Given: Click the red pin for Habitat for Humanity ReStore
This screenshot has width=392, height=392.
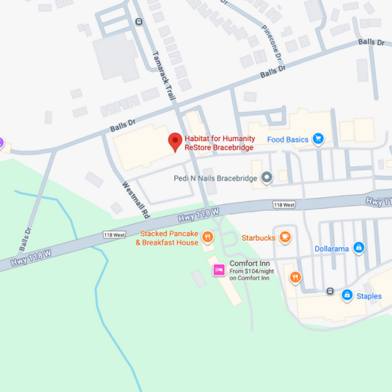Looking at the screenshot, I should point(175,142).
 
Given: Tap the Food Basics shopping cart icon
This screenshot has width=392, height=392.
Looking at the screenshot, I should point(318,139).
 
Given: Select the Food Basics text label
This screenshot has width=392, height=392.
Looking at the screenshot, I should point(287,139).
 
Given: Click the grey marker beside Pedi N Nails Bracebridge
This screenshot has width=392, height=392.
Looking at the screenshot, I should point(267,178).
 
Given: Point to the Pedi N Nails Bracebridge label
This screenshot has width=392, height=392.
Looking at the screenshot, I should point(215,178).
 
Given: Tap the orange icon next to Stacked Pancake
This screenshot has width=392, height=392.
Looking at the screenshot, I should point(207,237).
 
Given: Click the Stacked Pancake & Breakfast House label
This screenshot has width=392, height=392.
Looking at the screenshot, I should point(168,238).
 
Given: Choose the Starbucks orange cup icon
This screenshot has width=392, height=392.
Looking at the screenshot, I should point(285,237).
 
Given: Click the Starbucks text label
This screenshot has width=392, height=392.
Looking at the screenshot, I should point(257,237).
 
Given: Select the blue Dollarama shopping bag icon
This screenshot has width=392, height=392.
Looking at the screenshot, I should point(359,248).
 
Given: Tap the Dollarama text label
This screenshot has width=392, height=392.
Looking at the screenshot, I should point(331,248).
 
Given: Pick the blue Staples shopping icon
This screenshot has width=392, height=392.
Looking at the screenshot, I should point(346,295).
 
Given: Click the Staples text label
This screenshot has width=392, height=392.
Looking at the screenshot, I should point(368,296).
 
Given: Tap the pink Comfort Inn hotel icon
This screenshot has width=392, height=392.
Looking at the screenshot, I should point(219,270).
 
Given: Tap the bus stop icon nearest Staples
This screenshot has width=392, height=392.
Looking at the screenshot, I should point(330,291).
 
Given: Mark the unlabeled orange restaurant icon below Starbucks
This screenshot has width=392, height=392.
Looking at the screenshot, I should point(295,277).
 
